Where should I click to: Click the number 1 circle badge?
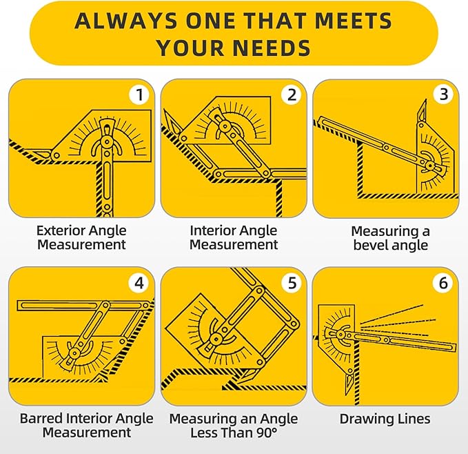139,95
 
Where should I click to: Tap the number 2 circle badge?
292,95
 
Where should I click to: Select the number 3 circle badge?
444,95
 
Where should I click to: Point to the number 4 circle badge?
139,283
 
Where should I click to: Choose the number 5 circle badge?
292,283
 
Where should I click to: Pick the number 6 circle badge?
443,283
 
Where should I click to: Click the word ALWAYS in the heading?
126,21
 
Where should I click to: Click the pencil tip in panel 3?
426,100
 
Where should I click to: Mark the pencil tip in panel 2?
163,110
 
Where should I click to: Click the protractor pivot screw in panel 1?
107,140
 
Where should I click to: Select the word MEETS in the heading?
353,21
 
